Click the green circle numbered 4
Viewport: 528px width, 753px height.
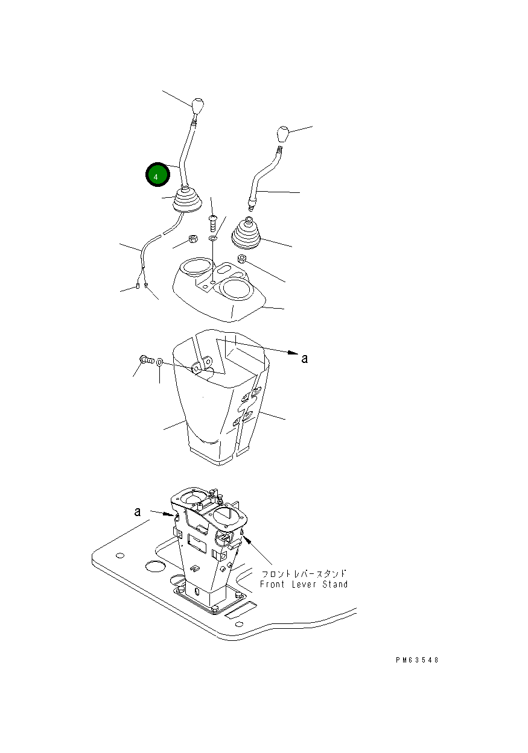157,174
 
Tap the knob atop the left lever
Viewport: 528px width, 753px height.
197,106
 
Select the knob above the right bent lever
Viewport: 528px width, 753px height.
282,134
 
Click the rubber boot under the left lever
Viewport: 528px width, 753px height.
188,200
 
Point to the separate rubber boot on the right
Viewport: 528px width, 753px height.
246,234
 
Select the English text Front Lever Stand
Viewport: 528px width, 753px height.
304,584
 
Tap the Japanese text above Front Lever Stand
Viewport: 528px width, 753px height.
304,573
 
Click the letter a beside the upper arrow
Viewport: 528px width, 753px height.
305,359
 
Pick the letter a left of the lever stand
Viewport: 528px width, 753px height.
138,512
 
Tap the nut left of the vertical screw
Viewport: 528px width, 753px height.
193,239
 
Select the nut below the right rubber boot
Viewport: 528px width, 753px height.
241,259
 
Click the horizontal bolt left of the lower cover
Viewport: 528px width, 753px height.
146,360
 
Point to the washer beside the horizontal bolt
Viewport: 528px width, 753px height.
160,362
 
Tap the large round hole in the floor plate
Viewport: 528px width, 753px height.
156,567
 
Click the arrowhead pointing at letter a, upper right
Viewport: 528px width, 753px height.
293,352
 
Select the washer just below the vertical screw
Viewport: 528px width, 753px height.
212,238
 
